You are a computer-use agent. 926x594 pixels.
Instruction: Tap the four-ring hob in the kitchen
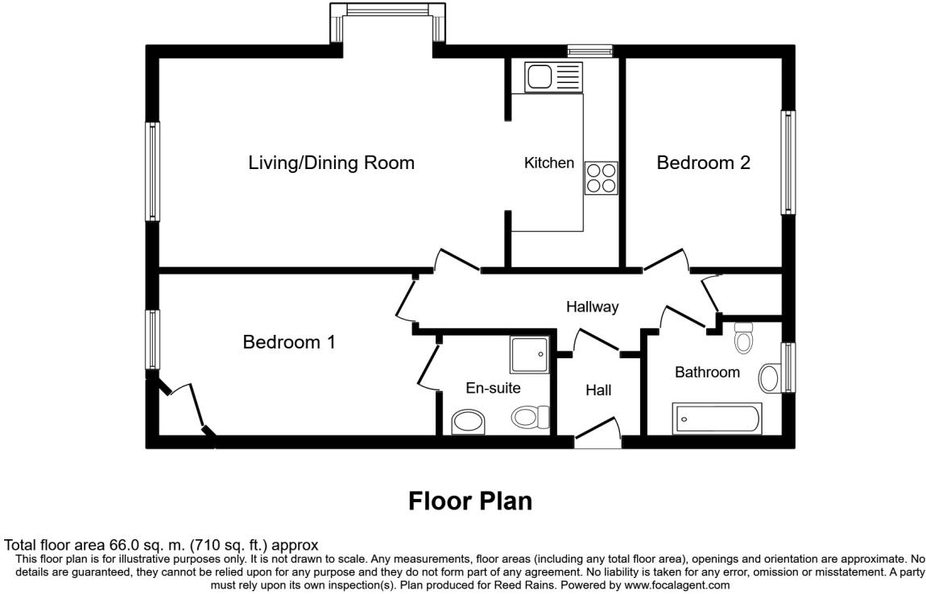coord(601,178)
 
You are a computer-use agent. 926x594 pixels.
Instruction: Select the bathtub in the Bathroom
coord(717,419)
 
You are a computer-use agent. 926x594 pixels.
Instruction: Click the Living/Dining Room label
coord(331,163)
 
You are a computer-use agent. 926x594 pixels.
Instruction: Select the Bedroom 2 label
coord(703,163)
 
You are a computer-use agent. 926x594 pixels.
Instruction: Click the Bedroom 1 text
coord(289,342)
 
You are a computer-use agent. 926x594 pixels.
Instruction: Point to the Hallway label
coord(592,307)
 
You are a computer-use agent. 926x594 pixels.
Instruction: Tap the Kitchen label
coord(549,163)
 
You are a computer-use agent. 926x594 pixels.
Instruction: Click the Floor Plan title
coord(470,501)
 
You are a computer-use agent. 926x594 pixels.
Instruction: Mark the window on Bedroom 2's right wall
coord(788,162)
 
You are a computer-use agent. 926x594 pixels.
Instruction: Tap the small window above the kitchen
coord(589,52)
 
